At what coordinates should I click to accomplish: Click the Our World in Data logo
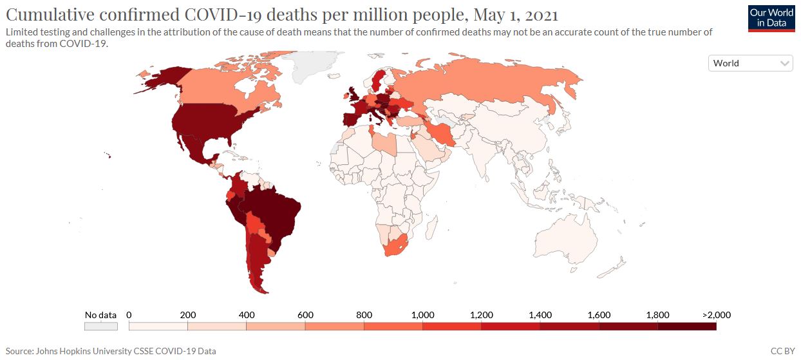pyautogui.click(x=771, y=19)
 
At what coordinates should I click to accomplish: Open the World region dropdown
pyautogui.click(x=750, y=63)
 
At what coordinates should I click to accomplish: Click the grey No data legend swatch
pyautogui.click(x=100, y=327)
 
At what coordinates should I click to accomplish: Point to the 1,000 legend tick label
pyautogui.click(x=422, y=315)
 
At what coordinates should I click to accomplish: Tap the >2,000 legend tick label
pyautogui.click(x=715, y=315)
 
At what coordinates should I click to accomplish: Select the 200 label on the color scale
pyautogui.click(x=187, y=315)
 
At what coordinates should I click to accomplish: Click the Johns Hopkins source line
pyautogui.click(x=111, y=351)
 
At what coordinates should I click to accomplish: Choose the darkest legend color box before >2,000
pyautogui.click(x=686, y=327)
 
